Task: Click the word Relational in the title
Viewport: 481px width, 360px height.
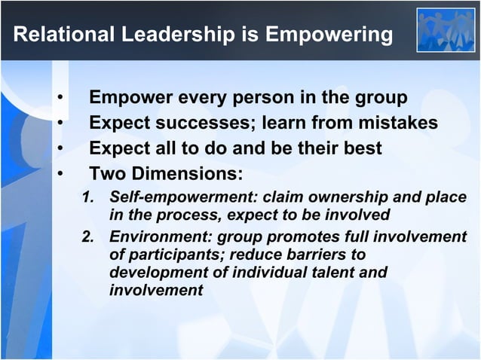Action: pos(61,35)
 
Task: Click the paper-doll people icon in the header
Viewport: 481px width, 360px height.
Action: pos(446,29)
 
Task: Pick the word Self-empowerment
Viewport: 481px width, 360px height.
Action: pos(173,198)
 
